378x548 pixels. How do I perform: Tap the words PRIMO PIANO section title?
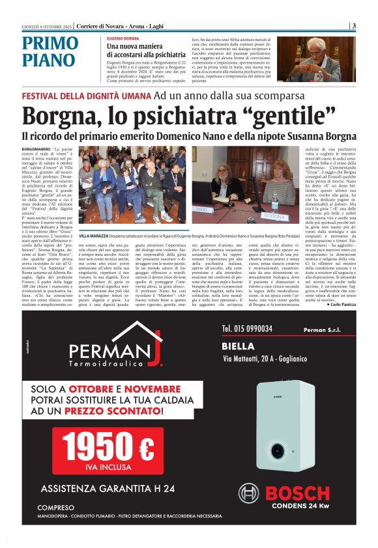pyautogui.click(x=50, y=52)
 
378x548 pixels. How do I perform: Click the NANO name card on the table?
pyautogui.click(x=220, y=210)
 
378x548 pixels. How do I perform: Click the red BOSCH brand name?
pyautogui.click(x=297, y=494)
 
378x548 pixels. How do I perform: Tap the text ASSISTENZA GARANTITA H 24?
pyautogui.click(x=108, y=488)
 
